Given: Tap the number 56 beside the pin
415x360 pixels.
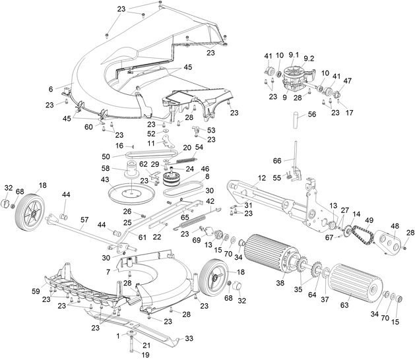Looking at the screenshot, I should (x=312, y=114).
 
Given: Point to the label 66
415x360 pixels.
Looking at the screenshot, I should (x=277, y=161).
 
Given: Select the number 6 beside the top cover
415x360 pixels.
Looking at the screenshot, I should (x=51, y=88).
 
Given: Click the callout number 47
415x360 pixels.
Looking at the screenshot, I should (x=347, y=81).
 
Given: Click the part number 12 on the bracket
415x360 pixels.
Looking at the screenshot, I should (x=261, y=178).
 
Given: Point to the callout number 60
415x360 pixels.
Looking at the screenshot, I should (x=88, y=126).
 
